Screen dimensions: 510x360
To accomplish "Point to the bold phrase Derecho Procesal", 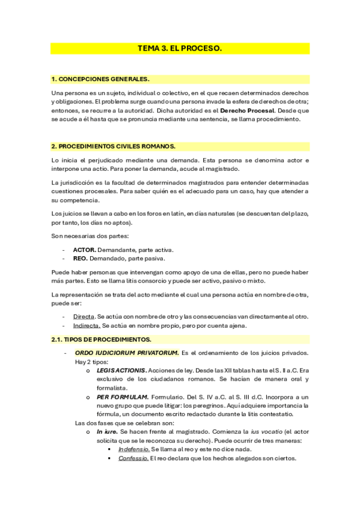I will tap(247, 111).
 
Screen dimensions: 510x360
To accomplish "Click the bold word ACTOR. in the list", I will tap(84, 250).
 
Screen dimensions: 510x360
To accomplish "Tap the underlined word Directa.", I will tap(84, 316).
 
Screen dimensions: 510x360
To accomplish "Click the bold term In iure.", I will tap(106, 432).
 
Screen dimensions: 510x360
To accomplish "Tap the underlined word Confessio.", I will tap(133, 458).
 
